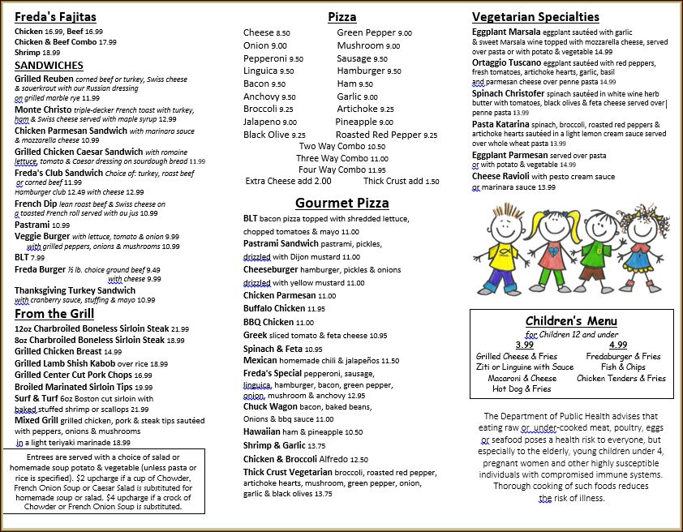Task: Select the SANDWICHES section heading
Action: [x=49, y=65]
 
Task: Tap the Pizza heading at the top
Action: [x=341, y=16]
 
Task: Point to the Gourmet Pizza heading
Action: [x=341, y=203]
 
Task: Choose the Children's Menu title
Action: [x=571, y=321]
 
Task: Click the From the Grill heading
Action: [x=54, y=314]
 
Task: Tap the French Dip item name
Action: [x=36, y=204]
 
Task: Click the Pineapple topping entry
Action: [x=356, y=122]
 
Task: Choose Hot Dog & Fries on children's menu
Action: [x=522, y=389]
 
